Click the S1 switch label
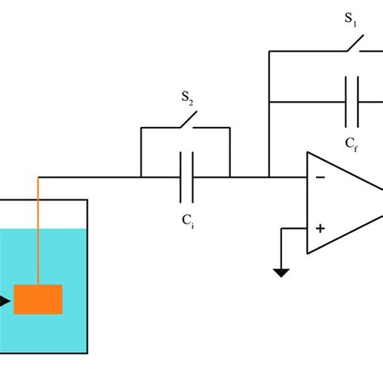coord(351,19)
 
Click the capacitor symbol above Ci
coord(187,177)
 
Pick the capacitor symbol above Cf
coord(352,102)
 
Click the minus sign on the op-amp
coord(321,177)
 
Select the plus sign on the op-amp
coord(321,229)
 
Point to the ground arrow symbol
coord(281,271)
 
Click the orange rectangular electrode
coord(38,299)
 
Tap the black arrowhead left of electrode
coord(5,302)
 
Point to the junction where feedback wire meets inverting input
coord(269,177)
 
